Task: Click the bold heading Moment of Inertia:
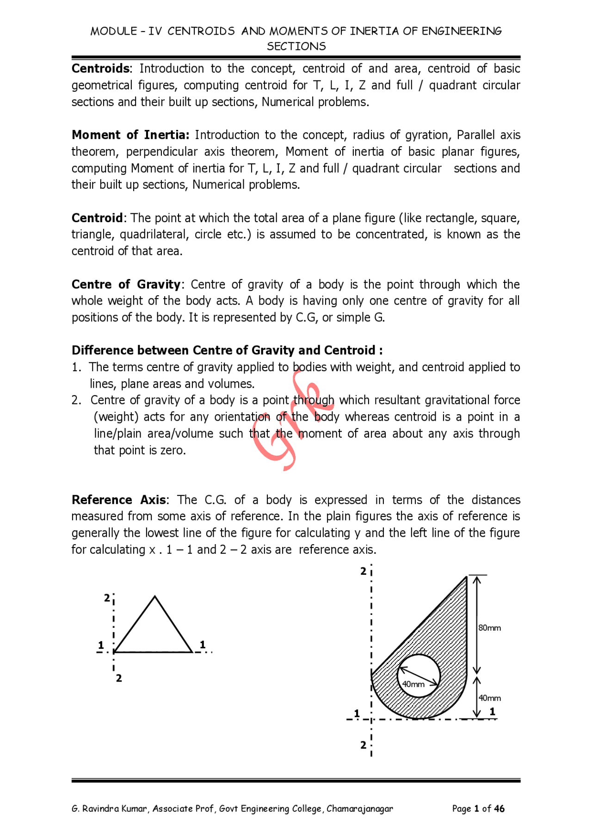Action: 130,135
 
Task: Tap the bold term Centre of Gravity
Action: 126,284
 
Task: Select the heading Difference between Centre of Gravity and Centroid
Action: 227,350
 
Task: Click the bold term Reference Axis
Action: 119,500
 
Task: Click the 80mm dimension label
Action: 489,628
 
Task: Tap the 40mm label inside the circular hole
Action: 413,684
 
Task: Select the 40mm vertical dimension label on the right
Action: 489,698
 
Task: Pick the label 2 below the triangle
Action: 119,678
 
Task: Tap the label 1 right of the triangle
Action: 202,645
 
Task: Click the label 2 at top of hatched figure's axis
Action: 363,571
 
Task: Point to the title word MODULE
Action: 113,31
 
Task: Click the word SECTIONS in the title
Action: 296,46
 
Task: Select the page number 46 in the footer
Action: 499,808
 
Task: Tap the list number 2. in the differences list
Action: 76,400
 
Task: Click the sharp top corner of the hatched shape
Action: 466,577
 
